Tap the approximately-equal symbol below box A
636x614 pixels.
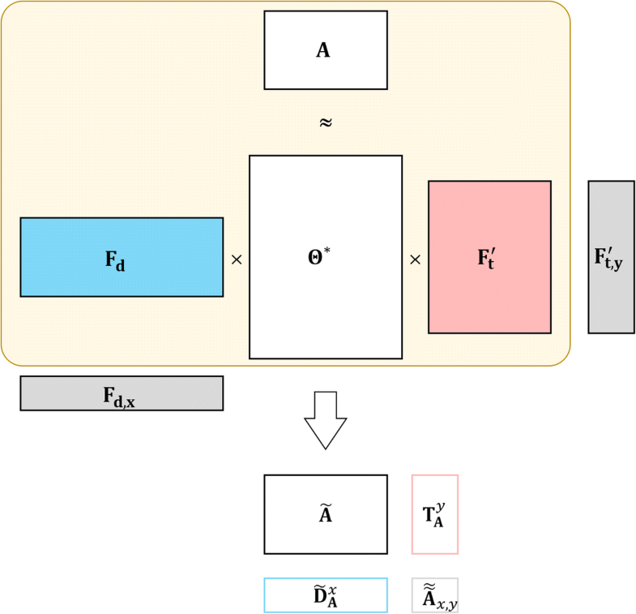pos(325,123)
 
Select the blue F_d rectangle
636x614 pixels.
pos(122,257)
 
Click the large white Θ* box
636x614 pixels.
pos(325,308)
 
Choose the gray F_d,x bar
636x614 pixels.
pos(122,393)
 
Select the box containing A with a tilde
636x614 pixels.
pos(325,514)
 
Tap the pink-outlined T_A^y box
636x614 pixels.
pos(435,514)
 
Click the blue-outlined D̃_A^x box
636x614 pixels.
pos(325,595)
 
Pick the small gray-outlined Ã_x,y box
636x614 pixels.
pos(435,595)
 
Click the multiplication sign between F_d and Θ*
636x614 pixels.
pos(237,260)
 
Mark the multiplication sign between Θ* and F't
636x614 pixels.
pos(415,260)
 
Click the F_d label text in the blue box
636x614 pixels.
pos(115,261)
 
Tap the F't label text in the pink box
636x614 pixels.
pos(487,260)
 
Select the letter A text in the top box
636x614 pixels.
pos(322,50)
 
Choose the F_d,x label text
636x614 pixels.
pos(119,396)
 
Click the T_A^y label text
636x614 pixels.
pos(434,515)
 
